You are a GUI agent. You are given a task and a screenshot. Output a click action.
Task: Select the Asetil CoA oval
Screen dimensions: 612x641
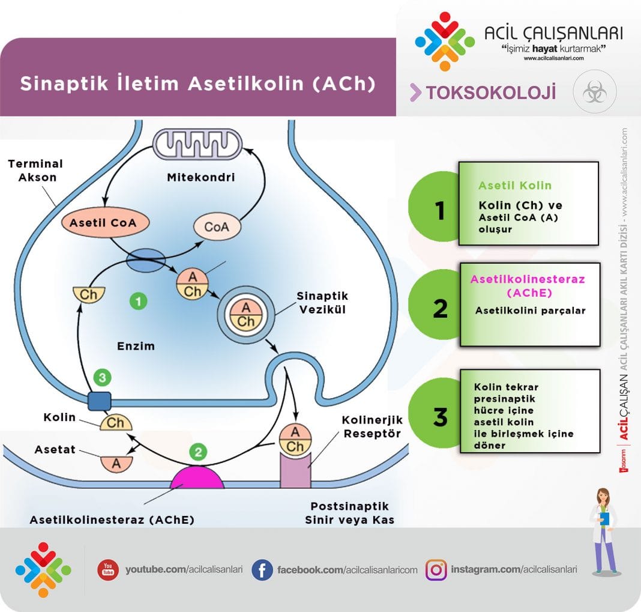point(103,223)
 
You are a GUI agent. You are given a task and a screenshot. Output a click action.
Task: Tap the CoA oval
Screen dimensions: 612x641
point(217,228)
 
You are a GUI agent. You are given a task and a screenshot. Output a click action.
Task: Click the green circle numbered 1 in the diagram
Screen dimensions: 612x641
point(139,301)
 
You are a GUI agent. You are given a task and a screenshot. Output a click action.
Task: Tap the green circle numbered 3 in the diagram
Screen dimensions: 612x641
point(103,378)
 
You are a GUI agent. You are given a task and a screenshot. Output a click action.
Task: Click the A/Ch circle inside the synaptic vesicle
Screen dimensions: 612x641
point(246,314)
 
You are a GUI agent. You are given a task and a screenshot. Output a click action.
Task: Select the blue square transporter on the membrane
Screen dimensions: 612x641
point(100,401)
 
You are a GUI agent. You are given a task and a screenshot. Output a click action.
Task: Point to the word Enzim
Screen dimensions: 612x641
point(136,346)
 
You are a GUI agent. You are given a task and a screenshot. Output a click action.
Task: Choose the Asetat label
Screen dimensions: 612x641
point(55,449)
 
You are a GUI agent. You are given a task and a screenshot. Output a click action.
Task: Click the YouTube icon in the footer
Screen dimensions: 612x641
point(108,569)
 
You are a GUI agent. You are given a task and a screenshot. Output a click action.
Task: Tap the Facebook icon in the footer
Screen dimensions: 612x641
point(262,569)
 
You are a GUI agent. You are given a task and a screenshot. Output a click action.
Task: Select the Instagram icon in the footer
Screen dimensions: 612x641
point(436,569)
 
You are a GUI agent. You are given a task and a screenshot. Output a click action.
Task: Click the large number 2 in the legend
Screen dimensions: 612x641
point(441,308)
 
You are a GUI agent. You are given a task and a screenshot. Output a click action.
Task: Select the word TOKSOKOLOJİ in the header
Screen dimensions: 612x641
point(490,92)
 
